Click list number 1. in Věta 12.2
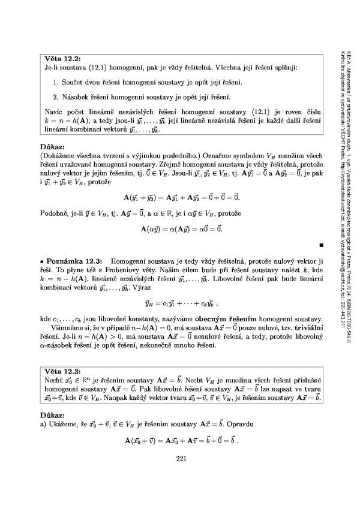pos(55,81)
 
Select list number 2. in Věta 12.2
pos(55,96)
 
